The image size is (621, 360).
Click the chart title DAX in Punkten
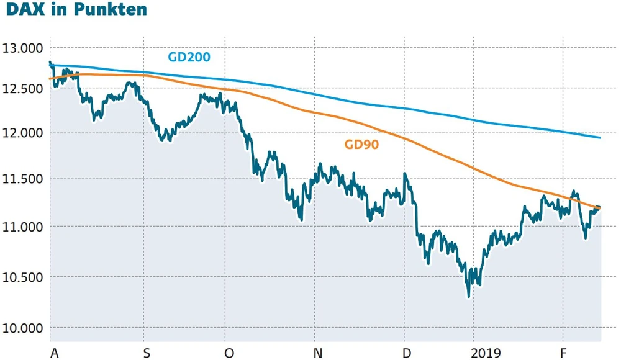point(74,11)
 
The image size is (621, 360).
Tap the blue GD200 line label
point(189,57)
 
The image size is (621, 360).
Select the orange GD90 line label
point(361,145)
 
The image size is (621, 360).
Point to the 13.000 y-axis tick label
point(22,48)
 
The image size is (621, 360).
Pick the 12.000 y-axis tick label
point(22,133)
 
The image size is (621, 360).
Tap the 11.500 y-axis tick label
point(22,179)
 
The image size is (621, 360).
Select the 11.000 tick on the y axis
point(22,227)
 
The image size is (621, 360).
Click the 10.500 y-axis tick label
point(22,277)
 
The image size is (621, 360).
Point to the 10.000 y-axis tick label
point(22,328)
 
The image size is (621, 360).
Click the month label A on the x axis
point(55,353)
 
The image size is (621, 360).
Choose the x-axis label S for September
point(147,353)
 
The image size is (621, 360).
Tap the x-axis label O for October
point(229,353)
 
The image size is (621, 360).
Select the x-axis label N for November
point(318,353)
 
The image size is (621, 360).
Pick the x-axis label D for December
point(407,353)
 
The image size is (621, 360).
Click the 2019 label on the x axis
point(486,353)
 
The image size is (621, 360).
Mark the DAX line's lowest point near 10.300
point(468,297)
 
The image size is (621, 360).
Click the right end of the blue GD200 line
point(600,137)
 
